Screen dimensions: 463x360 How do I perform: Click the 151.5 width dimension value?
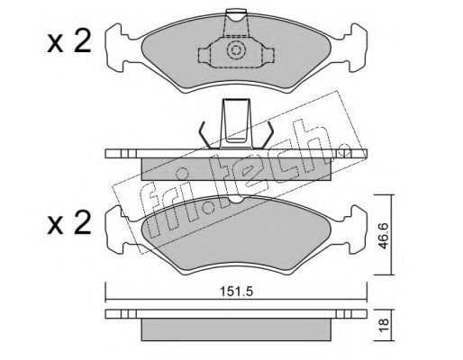point(237,292)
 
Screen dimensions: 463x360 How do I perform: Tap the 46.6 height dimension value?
point(383,236)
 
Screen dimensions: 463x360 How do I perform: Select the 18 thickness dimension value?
point(384,324)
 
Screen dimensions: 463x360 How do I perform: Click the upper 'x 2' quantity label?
point(69,42)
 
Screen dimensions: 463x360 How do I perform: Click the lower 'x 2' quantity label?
point(69,222)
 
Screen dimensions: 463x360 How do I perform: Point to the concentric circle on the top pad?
point(236,49)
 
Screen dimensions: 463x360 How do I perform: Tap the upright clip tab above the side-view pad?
point(236,123)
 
